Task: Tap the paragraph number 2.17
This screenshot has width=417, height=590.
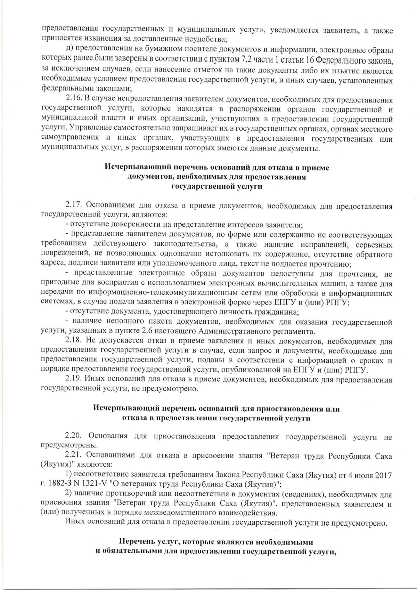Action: click(73, 205)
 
